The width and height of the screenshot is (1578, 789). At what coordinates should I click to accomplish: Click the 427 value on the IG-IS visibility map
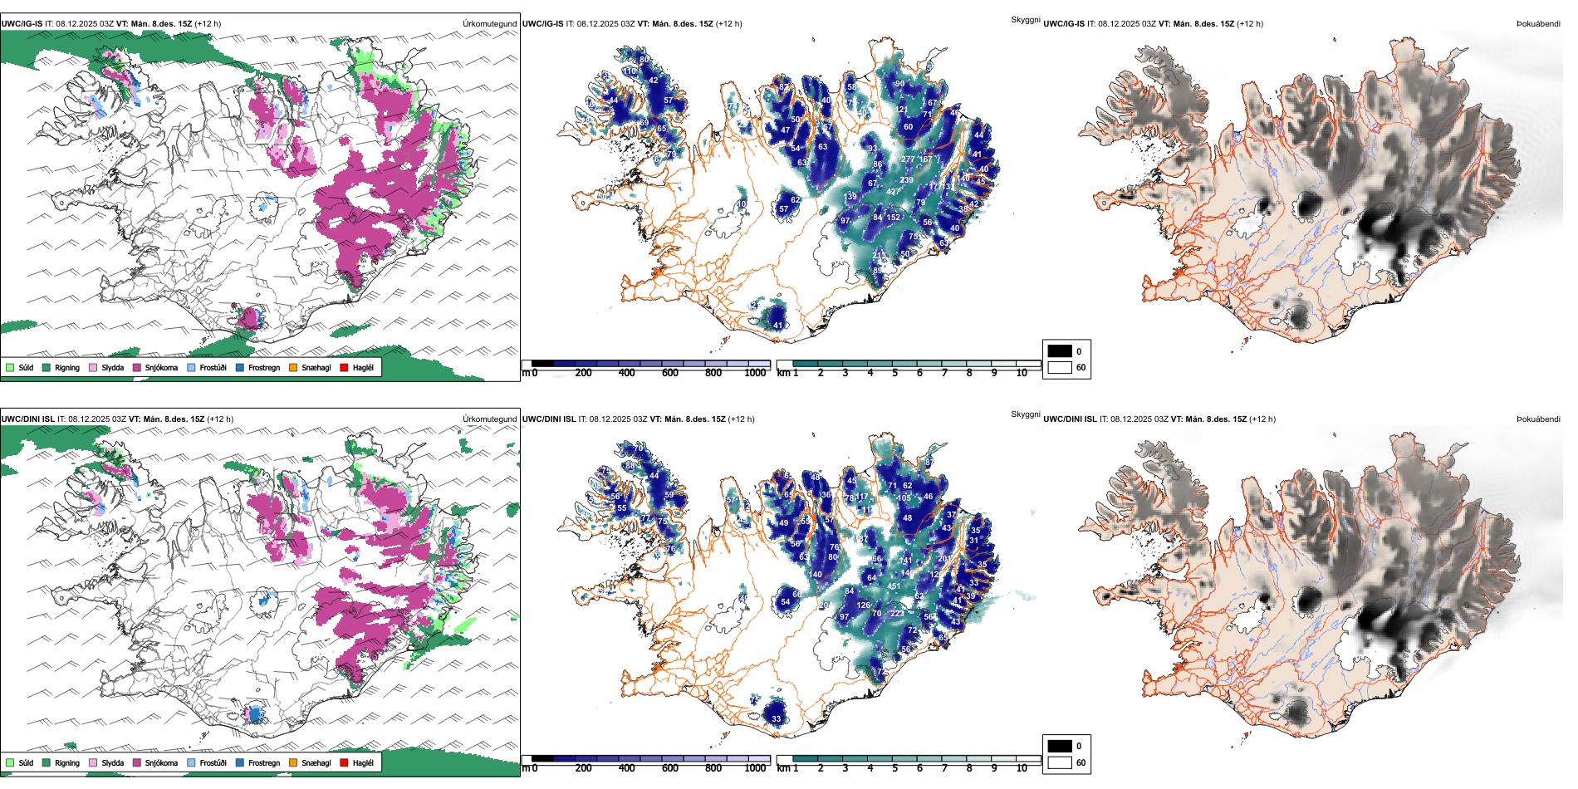(893, 192)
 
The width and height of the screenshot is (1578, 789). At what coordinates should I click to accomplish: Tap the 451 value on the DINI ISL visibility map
(894, 586)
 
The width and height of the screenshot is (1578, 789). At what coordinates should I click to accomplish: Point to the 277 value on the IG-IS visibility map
(908, 159)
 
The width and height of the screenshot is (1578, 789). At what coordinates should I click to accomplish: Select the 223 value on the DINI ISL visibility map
(897, 614)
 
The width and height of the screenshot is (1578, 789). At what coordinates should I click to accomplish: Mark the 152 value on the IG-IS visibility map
(893, 218)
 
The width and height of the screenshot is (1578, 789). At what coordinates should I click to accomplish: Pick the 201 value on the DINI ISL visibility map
(944, 559)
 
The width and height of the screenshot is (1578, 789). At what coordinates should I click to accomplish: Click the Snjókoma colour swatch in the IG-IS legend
(137, 367)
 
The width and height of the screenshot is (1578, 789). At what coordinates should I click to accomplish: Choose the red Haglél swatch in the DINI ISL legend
(344, 762)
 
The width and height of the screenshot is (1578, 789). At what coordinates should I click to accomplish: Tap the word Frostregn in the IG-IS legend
(264, 367)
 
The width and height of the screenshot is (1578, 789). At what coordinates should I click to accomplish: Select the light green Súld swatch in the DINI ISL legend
(10, 762)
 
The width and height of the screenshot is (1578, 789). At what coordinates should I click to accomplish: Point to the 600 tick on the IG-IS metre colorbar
(670, 373)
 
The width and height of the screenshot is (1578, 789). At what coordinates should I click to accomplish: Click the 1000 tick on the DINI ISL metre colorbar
(755, 768)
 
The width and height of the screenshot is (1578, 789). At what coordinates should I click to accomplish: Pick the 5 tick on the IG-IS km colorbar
(894, 373)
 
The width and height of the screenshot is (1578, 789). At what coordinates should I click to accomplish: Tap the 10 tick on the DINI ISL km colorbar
(1022, 768)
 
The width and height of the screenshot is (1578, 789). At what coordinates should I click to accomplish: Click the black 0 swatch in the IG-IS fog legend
(1060, 351)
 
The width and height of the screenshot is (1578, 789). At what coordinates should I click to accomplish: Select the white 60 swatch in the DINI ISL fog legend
(1060, 762)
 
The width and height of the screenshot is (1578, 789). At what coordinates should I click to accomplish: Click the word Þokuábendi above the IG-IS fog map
(1538, 24)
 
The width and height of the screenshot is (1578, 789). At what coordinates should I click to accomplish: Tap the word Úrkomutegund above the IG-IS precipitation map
(489, 24)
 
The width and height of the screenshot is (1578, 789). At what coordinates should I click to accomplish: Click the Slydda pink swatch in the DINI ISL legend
(93, 762)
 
